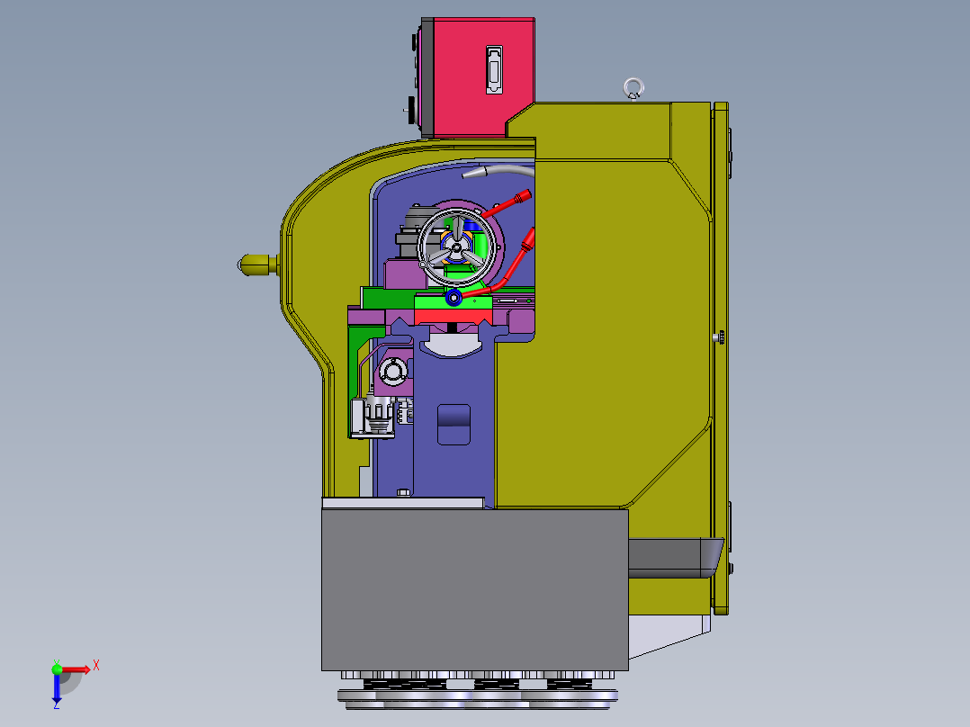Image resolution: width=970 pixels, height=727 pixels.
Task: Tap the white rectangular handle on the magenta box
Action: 494,69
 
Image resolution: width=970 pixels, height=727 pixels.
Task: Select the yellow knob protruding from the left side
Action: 255,264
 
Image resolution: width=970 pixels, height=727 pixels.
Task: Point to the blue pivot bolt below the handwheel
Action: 454,296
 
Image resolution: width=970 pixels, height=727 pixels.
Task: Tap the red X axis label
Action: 96,665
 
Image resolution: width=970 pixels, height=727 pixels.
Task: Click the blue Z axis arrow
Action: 56,689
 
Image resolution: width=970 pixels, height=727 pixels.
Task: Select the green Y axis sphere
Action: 57,668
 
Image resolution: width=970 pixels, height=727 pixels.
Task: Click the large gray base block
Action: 474,589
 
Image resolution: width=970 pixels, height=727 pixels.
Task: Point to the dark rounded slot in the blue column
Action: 454,424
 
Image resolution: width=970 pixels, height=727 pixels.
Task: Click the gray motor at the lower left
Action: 375,417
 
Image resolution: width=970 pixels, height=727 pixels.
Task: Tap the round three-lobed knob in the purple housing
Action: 392,370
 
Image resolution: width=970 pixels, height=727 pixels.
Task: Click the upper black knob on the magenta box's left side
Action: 416,42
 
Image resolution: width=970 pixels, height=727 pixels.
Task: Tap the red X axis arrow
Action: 77,669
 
